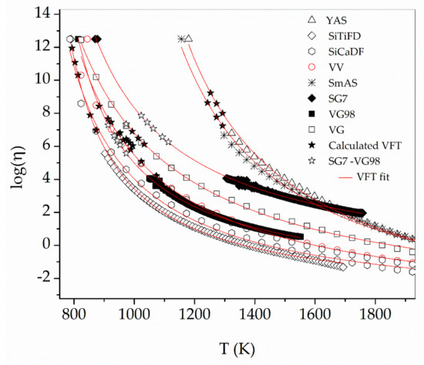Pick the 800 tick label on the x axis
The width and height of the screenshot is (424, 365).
click(74, 315)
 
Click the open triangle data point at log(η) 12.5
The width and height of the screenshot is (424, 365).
click(188, 39)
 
